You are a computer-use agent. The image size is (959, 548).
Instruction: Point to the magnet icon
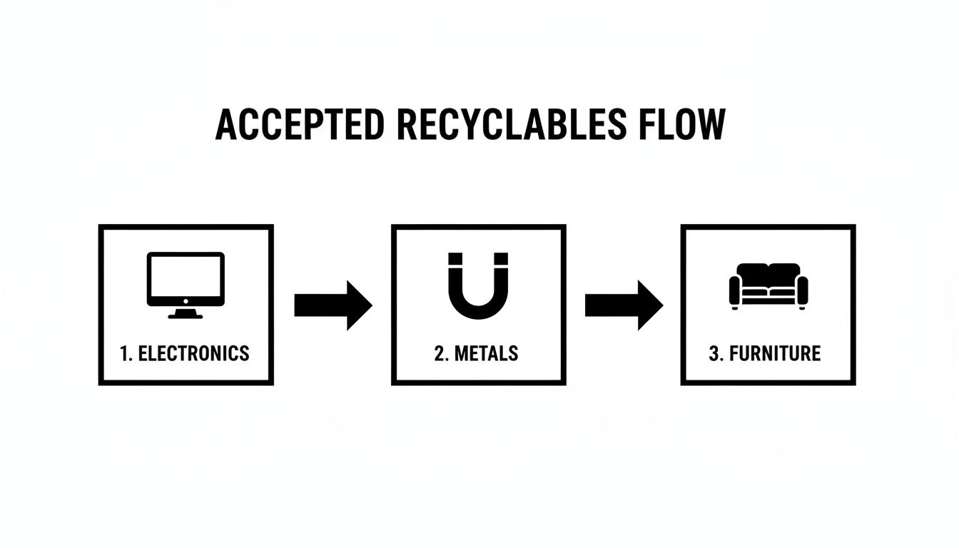[x=478, y=285]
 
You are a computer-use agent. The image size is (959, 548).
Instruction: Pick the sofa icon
[x=768, y=285]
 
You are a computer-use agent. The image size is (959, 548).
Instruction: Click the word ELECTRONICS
[x=193, y=353]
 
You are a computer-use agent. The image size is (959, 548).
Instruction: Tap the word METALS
[x=487, y=353]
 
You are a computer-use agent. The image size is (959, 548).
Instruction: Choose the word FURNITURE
[x=774, y=353]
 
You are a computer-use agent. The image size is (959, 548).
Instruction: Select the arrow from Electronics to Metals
[x=333, y=305]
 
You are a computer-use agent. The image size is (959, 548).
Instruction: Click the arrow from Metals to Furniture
[x=623, y=305]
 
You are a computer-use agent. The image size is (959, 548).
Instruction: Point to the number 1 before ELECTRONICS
[x=125, y=353]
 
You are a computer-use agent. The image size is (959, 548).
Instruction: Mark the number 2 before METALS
[x=439, y=353]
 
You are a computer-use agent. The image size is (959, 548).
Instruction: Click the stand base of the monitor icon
[x=186, y=315]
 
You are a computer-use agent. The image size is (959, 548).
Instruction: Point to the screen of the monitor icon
[x=186, y=278]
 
